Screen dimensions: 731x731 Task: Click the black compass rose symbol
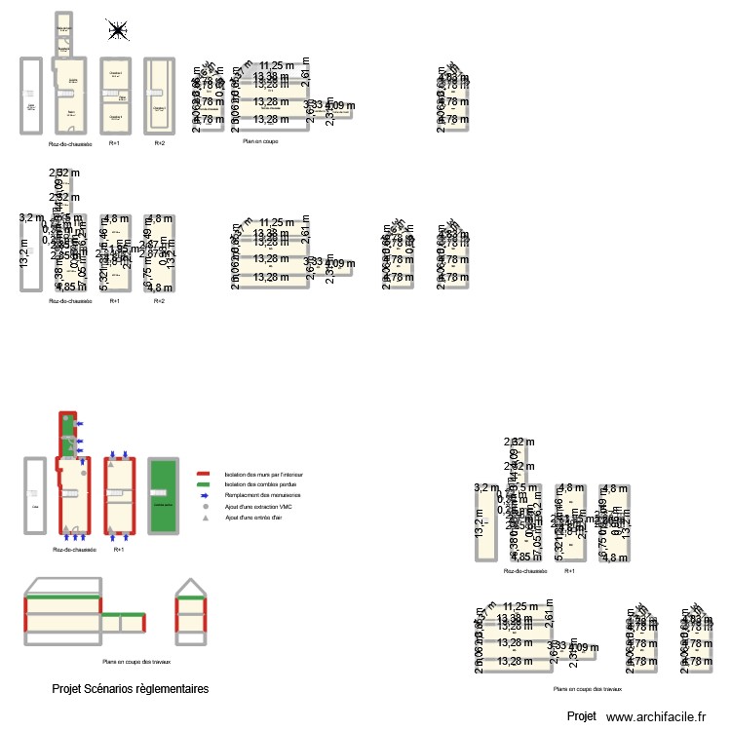pos(118,31)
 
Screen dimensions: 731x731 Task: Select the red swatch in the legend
pos(204,474)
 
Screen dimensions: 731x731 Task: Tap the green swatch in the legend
pos(204,484)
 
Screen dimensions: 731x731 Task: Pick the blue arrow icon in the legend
pos(204,496)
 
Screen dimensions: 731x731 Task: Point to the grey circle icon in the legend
pos(204,507)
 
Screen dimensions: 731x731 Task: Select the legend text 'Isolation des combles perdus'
pos(258,484)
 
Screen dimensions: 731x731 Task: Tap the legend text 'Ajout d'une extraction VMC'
pos(257,507)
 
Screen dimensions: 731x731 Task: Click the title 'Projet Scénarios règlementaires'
pos(130,689)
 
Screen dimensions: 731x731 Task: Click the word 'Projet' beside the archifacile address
pos(581,716)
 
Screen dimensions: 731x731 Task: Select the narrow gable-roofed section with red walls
pos(190,614)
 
